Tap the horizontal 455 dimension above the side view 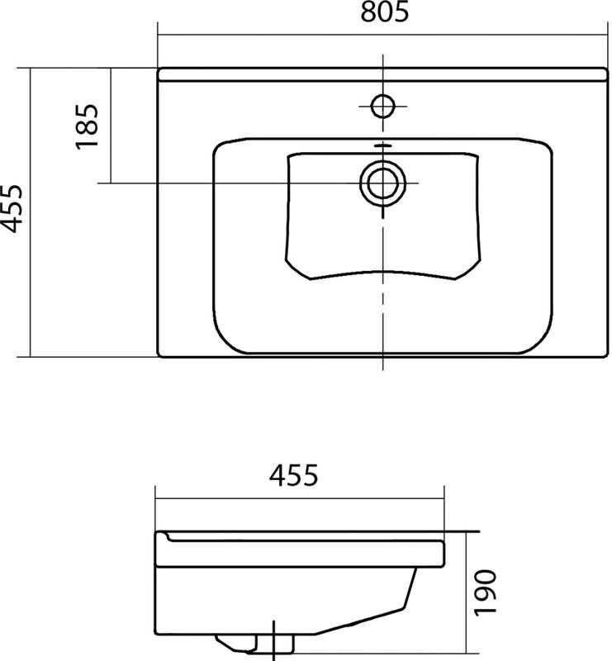click(292, 477)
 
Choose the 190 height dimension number click(486, 592)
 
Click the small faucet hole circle click(382, 105)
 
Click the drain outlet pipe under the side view click(275, 641)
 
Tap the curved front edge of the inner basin click(382, 273)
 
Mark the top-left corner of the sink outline click(158, 68)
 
